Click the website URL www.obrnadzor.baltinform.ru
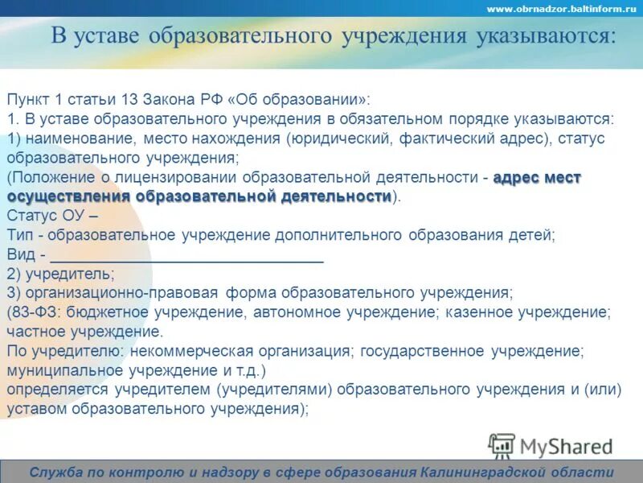[x=562, y=9]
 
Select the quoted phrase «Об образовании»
[x=297, y=99]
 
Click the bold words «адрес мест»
[x=536, y=177]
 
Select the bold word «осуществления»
[x=69, y=196]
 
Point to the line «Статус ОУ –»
[x=53, y=216]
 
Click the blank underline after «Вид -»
[x=186, y=258]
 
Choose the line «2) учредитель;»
[x=60, y=274]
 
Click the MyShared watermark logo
[x=551, y=446]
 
